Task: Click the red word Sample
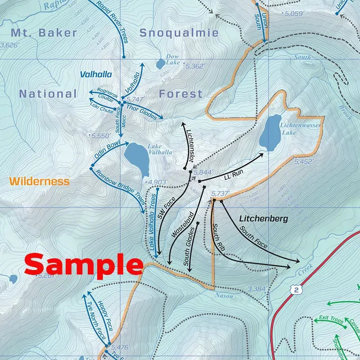point(83,265)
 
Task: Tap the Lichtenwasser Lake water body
point(270,133)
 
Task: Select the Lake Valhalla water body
point(137,159)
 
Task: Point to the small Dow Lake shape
point(160,64)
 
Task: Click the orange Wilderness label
point(39,181)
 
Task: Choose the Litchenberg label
point(263,219)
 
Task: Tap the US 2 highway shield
point(296,290)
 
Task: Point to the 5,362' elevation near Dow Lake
point(195,66)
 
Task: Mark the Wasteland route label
point(182,225)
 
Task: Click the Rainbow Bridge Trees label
point(121,191)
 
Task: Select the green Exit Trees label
point(331,319)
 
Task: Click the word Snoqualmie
point(179,33)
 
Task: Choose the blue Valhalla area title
point(96,74)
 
